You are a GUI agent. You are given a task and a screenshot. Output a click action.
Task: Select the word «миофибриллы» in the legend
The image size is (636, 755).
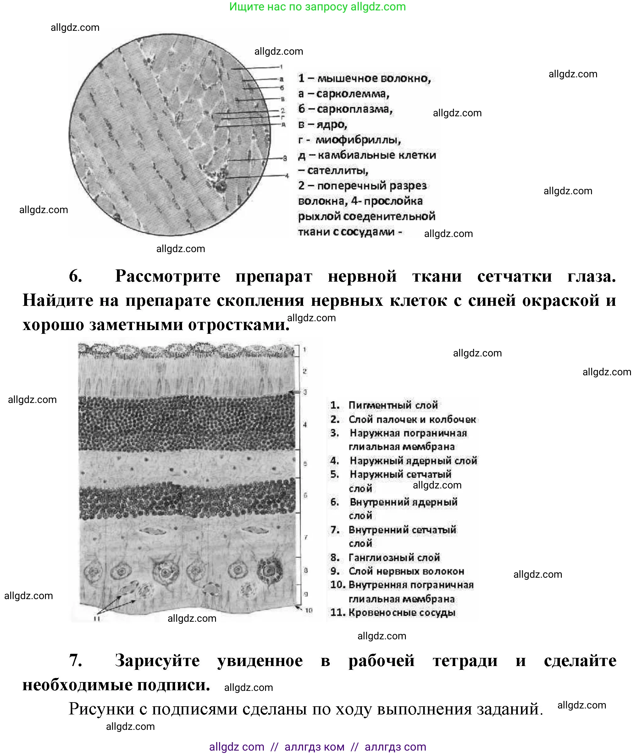point(358,140)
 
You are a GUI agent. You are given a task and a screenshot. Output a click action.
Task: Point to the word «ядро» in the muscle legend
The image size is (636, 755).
point(332,125)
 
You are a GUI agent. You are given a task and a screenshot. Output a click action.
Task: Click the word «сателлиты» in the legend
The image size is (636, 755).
point(337,170)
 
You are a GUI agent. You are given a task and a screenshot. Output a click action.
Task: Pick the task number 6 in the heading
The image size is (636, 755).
point(75,276)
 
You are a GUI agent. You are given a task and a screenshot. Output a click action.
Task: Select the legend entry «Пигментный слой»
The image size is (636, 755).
point(393,405)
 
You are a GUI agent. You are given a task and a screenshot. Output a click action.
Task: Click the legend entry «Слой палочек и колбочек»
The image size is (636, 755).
point(412,419)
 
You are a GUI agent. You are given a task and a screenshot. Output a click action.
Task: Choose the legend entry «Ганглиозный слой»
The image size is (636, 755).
point(394,558)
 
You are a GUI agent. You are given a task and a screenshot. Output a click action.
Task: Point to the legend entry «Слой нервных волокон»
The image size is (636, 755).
point(406,571)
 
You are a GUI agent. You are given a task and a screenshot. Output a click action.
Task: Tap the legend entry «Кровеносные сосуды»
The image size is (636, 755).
point(402,613)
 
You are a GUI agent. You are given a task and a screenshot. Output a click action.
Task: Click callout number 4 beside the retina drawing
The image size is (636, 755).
point(305,425)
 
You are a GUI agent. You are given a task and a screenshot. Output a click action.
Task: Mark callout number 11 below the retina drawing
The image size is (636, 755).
point(97,619)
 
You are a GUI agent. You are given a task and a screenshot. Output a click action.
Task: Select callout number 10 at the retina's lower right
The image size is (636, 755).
point(309,610)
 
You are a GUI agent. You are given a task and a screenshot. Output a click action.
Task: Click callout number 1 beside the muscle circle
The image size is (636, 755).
point(281,67)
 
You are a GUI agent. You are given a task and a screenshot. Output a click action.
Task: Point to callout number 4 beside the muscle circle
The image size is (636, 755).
point(287,176)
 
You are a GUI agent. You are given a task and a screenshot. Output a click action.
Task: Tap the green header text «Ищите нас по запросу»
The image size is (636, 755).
point(288,7)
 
